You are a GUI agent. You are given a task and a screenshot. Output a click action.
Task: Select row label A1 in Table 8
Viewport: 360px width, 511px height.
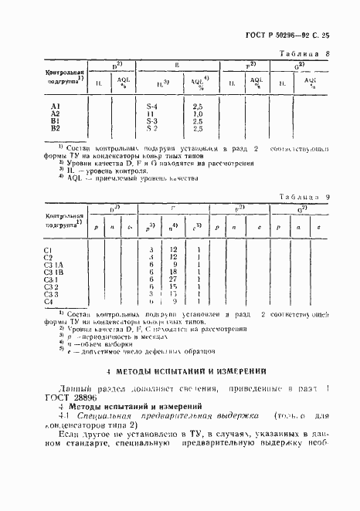(x=56, y=106)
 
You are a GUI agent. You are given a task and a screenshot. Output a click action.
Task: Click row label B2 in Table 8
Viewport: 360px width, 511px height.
(x=56, y=128)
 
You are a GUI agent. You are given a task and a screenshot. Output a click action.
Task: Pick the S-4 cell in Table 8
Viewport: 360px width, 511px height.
(x=152, y=106)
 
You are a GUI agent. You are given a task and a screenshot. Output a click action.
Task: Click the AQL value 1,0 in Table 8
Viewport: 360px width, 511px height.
(x=197, y=113)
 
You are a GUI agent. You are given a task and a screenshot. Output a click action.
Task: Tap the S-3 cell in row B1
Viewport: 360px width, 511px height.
(x=152, y=121)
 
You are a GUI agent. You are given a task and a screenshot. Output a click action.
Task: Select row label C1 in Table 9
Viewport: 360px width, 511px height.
(x=48, y=250)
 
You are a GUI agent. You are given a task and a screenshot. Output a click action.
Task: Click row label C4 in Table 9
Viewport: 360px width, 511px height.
(x=48, y=301)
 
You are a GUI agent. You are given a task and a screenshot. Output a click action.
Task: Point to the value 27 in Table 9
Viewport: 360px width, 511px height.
(x=173, y=279)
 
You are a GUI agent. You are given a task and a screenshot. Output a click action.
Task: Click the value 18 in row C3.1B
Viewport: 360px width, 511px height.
(x=173, y=272)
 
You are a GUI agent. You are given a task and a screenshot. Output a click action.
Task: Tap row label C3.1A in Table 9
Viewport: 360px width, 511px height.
(x=53, y=265)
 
